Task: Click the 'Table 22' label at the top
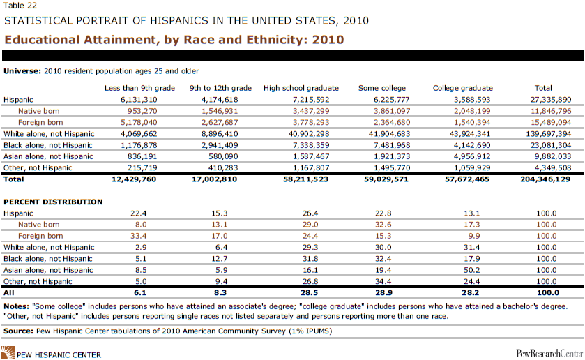pyautogui.click(x=17, y=6)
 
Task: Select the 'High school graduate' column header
pyautogui.click(x=301, y=89)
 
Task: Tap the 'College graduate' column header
pyautogui.click(x=462, y=89)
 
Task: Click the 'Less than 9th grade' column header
pyautogui.click(x=138, y=89)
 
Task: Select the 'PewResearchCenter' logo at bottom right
pyautogui.click(x=547, y=354)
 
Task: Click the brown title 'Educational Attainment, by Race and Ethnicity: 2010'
pyautogui.click(x=174, y=39)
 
